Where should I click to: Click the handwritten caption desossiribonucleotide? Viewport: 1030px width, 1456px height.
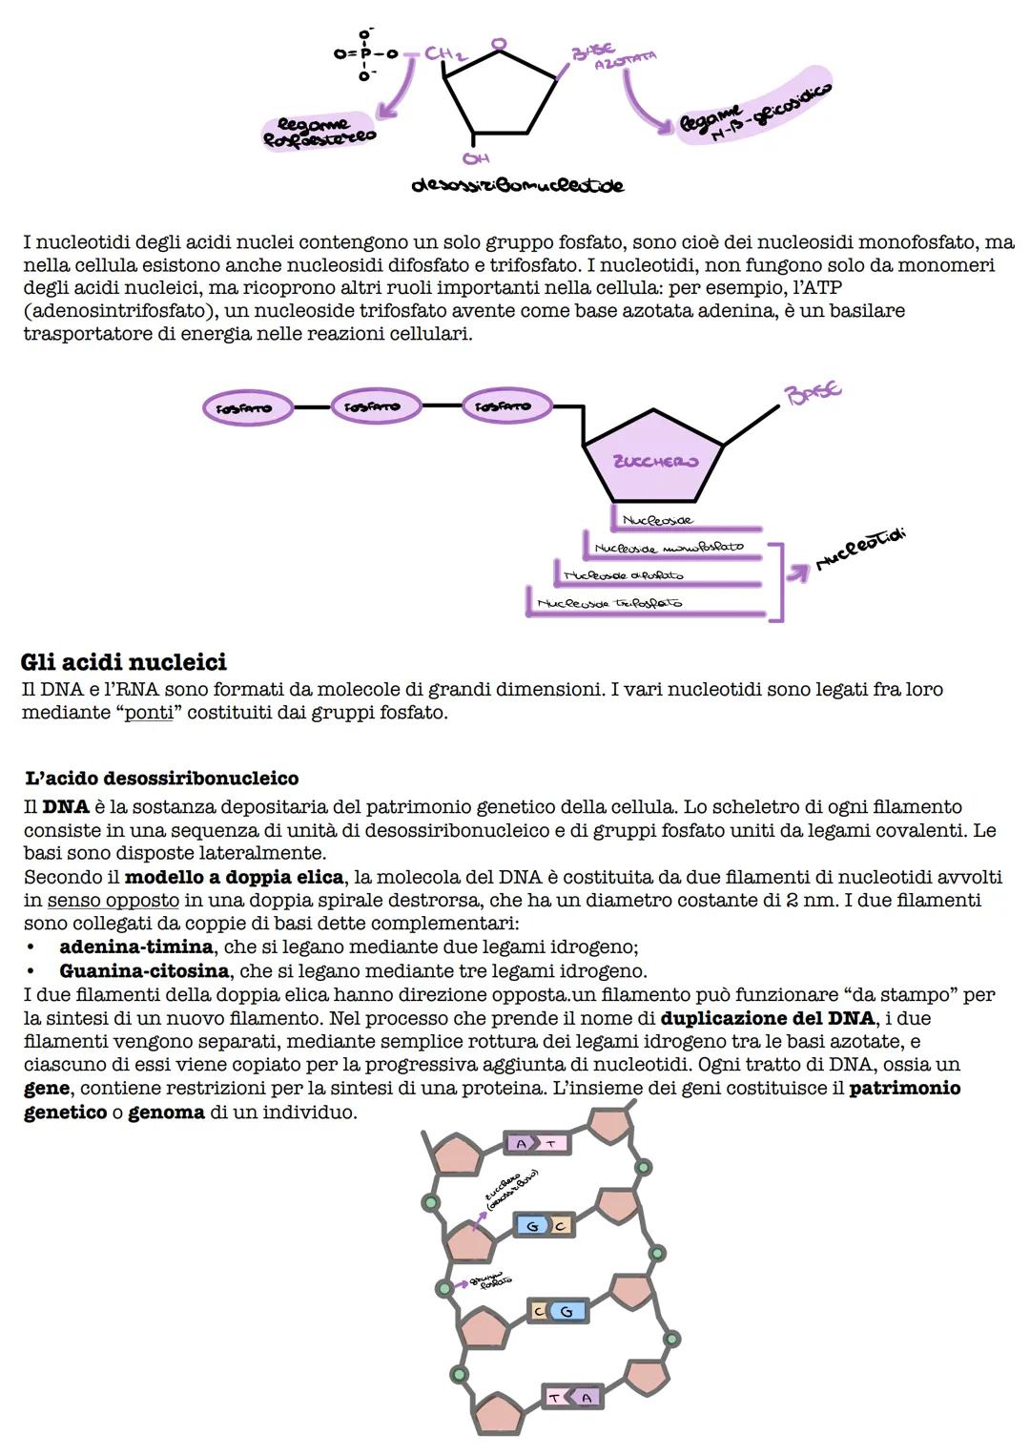coord(517,185)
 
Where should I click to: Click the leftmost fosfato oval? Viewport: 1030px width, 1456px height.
coord(244,407)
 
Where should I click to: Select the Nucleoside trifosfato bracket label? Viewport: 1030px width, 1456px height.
coord(609,603)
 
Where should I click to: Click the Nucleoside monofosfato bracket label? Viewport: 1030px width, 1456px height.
coord(668,549)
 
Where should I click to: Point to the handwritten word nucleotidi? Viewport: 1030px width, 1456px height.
coord(859,551)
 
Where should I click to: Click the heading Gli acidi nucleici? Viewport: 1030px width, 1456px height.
coord(123,662)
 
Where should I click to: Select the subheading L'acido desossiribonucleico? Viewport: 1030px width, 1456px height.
coord(161,779)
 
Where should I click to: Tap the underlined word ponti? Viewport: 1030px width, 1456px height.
coord(149,713)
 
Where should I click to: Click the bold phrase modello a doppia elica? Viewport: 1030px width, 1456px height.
coord(234,877)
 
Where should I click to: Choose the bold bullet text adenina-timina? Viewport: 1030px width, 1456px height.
coord(135,946)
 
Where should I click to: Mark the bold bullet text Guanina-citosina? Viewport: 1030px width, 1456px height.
coord(144,970)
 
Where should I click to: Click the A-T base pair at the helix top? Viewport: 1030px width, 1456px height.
coord(537,1143)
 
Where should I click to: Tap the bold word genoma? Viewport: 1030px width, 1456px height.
coord(166,1112)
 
